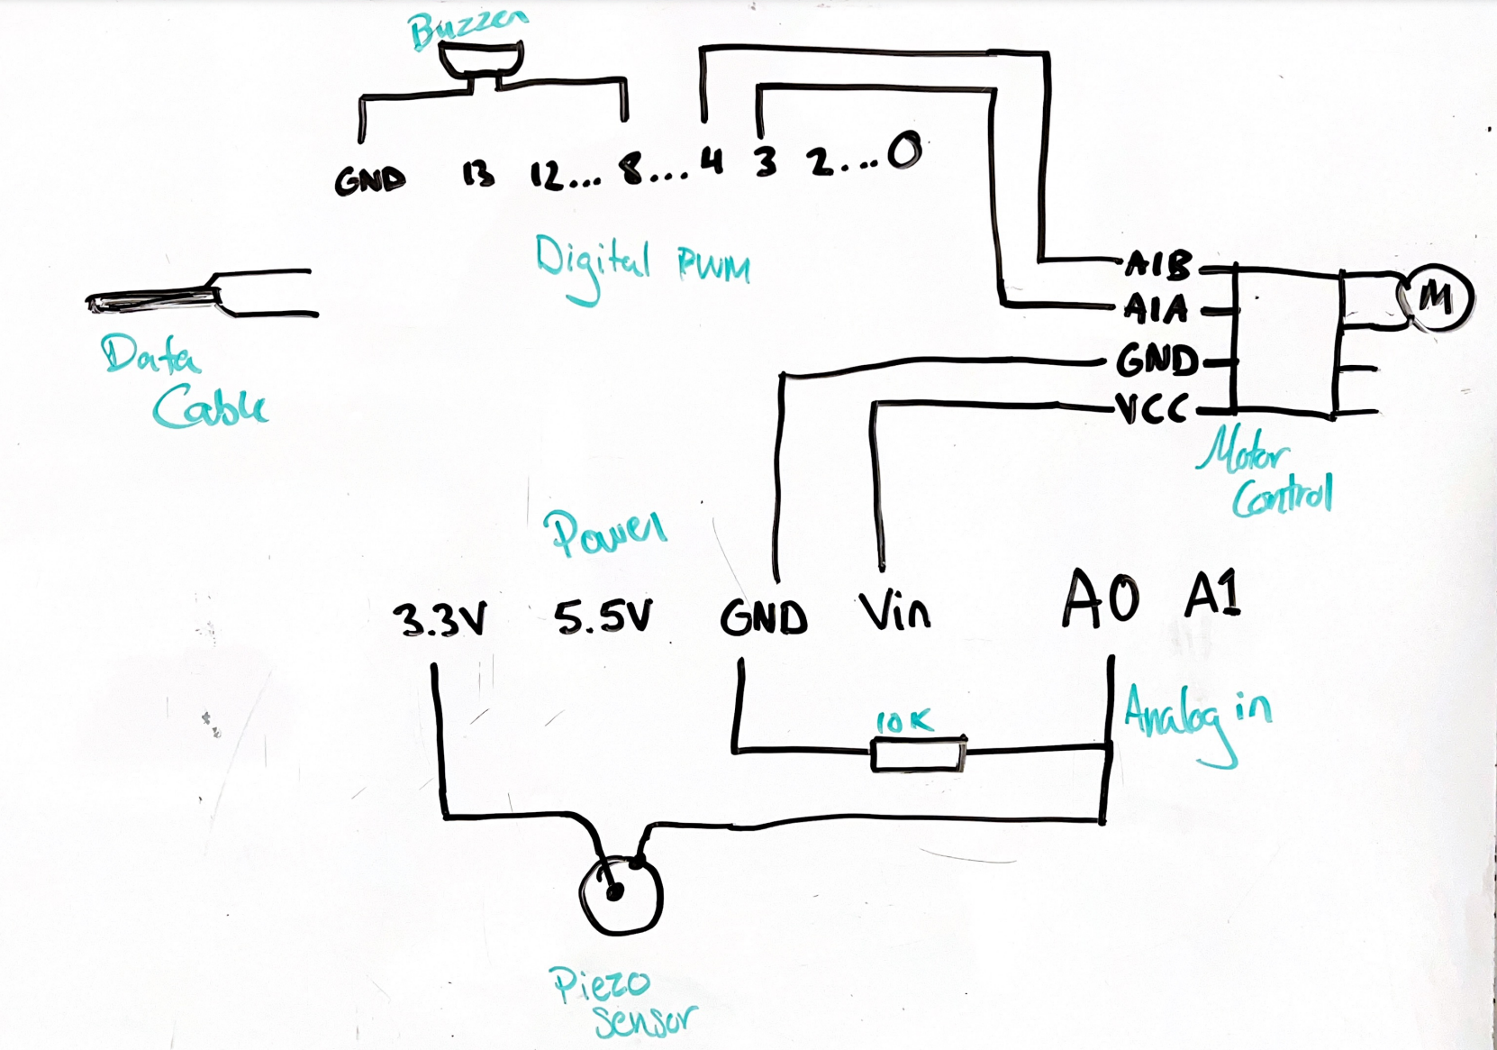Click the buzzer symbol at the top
pos(481,60)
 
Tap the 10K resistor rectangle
pos(917,754)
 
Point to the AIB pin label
pos(1158,264)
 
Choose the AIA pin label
pos(1157,310)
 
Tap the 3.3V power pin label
pos(440,620)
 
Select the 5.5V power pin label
pos(602,618)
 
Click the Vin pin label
pos(894,612)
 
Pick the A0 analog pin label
pos(1101,599)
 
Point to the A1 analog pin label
pos(1213,595)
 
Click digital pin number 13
pos(478,174)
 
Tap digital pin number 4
pos(712,162)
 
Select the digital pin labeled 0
pos(904,151)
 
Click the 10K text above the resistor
pos(904,721)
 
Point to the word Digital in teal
pos(592,265)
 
